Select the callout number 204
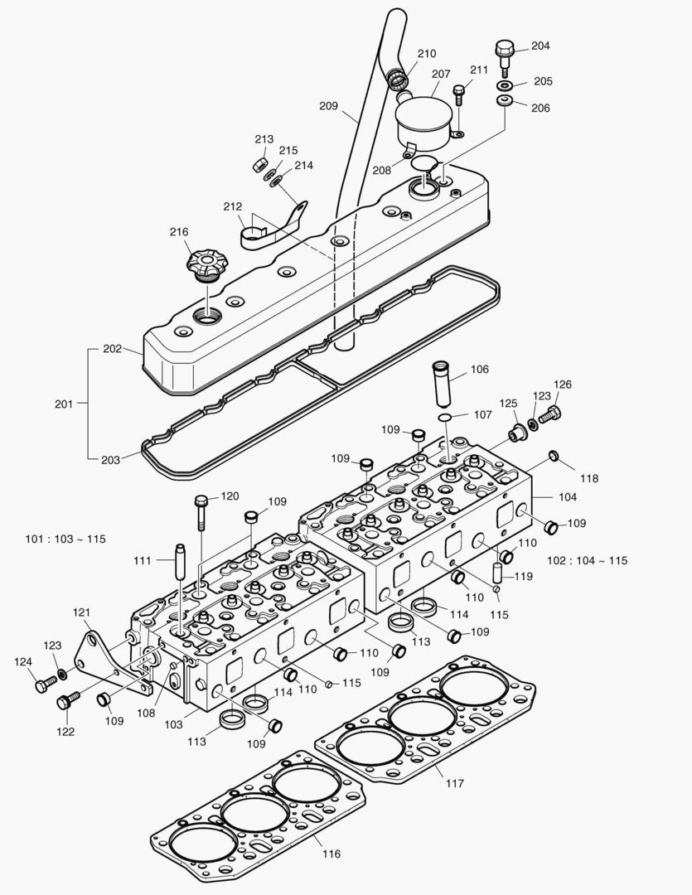click(540, 46)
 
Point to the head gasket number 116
click(257, 812)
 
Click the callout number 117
click(454, 782)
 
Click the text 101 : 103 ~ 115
click(65, 539)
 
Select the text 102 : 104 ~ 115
click(587, 560)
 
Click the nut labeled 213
click(259, 163)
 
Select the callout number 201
click(63, 404)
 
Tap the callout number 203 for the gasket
click(110, 459)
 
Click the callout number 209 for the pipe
click(328, 105)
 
